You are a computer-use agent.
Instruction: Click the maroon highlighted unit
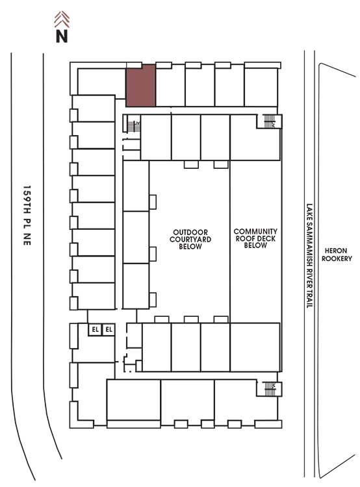tap(140, 86)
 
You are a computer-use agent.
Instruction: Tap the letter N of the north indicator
tap(62, 36)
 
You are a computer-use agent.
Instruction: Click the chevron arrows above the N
tap(62, 19)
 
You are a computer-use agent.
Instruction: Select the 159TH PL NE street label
tap(27, 216)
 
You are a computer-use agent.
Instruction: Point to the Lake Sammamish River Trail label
tap(309, 256)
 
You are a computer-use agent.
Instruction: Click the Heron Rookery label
tap(337, 255)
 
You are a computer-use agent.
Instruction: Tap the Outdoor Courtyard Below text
tap(190, 240)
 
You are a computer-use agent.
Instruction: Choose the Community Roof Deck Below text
tap(255, 238)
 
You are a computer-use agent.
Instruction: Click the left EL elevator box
tap(95, 329)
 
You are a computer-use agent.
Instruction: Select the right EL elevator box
tap(109, 329)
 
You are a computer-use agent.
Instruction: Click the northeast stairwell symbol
tap(269, 121)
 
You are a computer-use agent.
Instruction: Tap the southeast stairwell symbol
tap(270, 388)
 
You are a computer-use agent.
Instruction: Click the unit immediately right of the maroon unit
tap(170, 86)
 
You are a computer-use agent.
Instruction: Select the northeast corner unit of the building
tap(261, 86)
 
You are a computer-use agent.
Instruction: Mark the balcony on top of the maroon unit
tap(134, 65)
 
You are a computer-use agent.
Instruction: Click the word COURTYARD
tap(190, 240)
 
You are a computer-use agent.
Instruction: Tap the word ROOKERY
tap(337, 258)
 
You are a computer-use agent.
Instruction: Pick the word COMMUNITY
tap(255, 231)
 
